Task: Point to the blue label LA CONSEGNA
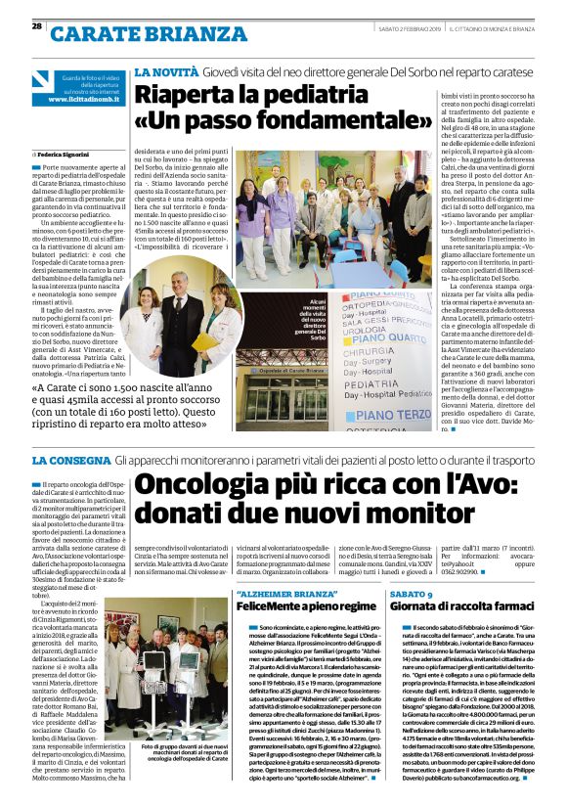click(69, 459)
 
